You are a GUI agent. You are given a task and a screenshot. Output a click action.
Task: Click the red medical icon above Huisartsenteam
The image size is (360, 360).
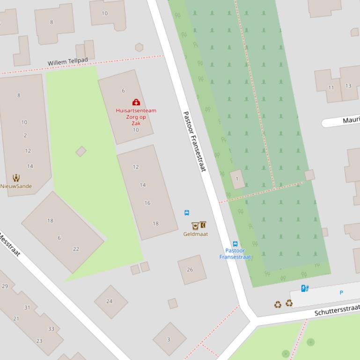click(136, 102)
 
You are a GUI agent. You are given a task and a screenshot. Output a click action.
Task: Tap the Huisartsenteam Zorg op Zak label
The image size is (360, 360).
click(136, 117)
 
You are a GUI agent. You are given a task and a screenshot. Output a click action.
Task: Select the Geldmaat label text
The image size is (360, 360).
click(195, 234)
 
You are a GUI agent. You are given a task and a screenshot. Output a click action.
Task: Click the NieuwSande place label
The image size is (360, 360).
click(16, 186)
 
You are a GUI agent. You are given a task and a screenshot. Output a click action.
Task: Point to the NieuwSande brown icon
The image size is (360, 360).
click(16, 178)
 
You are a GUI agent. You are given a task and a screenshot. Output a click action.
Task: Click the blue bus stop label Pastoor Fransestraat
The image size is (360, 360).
click(235, 254)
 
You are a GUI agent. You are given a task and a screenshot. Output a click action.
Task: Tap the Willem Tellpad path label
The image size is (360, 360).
click(68, 62)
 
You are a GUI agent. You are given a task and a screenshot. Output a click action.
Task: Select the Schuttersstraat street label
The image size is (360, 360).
click(337, 310)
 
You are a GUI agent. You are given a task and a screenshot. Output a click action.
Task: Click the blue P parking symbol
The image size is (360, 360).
click(341, 293)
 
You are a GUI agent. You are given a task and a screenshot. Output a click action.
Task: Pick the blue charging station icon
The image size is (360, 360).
click(305, 288)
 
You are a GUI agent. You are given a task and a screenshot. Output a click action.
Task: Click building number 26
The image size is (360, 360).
click(190, 269)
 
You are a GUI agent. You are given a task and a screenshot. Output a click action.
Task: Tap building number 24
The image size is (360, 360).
click(109, 301)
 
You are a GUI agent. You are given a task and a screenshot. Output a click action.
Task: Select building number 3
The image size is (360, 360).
click(169, 339)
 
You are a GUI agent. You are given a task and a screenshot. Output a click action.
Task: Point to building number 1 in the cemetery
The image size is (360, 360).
click(237, 179)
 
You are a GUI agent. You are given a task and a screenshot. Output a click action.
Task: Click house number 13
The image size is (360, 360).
click(348, 86)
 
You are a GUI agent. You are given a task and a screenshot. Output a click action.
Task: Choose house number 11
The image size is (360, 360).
click(331, 87)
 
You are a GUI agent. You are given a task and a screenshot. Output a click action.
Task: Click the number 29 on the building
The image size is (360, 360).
click(5, 286)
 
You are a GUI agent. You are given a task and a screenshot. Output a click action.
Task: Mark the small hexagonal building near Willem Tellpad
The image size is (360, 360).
click(139, 47)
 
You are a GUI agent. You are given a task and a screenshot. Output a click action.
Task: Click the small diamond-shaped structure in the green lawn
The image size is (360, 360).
click(81, 151)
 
